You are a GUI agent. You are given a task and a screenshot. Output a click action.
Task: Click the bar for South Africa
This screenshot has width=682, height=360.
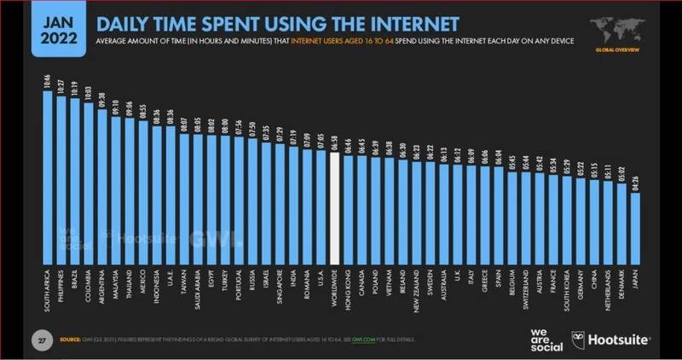pos(48,171)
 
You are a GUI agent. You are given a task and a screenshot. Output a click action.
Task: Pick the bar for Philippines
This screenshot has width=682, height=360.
pos(61,174)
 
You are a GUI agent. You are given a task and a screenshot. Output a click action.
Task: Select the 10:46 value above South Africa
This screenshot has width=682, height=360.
pos(48,83)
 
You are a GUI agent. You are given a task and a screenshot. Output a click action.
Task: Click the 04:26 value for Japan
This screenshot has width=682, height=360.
pos(635,183)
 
